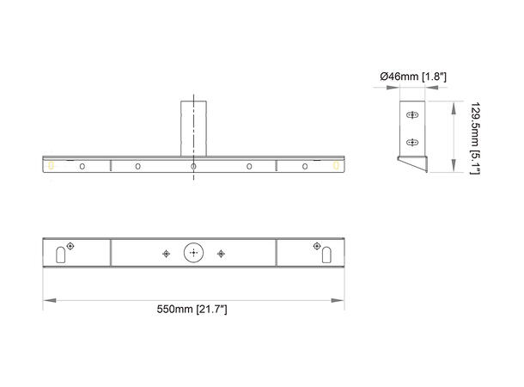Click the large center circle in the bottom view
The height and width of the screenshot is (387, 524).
click(x=194, y=253)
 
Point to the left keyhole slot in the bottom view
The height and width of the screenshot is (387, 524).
click(x=59, y=254)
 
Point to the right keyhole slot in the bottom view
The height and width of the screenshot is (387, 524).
click(x=327, y=254)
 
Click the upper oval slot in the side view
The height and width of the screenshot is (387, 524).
click(x=412, y=115)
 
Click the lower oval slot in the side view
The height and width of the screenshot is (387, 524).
click(x=412, y=142)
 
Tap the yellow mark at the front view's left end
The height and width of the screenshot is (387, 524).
click(x=52, y=165)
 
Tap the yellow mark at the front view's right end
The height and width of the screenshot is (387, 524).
click(x=336, y=165)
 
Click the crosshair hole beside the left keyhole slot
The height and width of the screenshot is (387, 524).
click(x=70, y=244)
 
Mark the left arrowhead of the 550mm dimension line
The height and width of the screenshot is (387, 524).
click(x=48, y=299)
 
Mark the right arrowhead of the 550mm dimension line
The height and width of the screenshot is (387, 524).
click(x=339, y=299)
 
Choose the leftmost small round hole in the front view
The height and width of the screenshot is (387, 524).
click(x=82, y=165)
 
